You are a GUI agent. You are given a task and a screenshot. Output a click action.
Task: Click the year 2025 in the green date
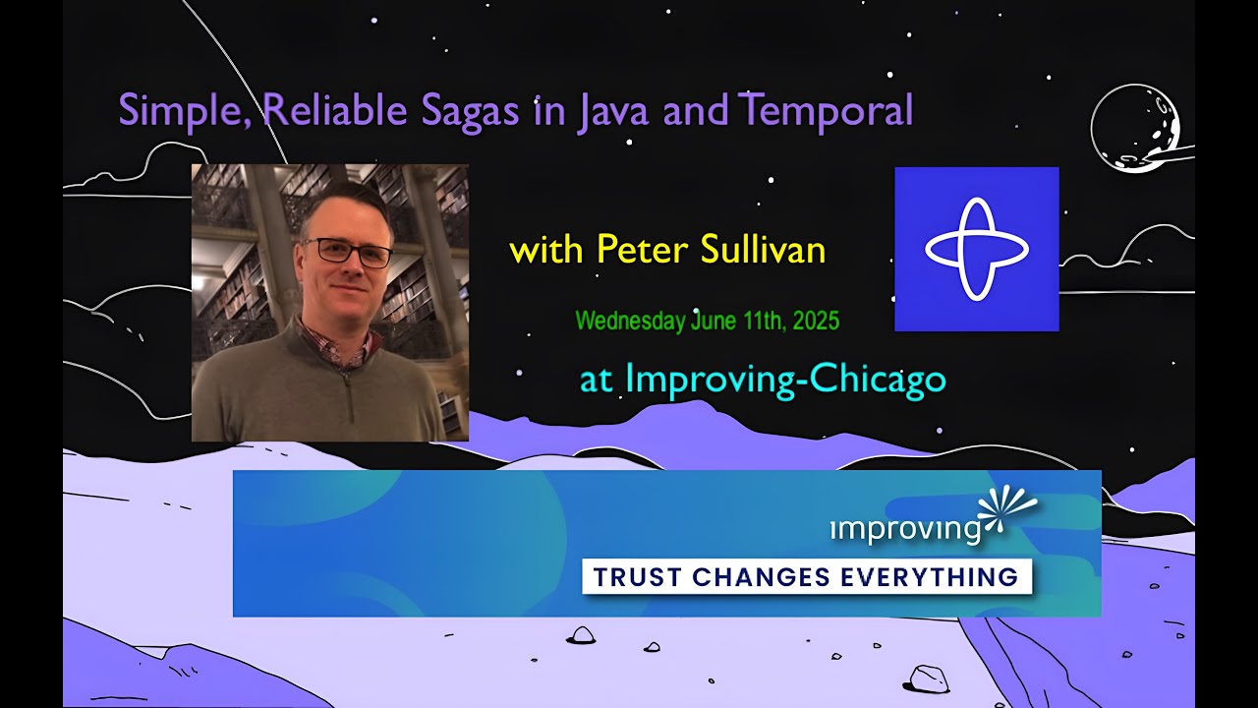tap(815, 321)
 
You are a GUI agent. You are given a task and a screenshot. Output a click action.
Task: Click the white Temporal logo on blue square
tap(976, 249)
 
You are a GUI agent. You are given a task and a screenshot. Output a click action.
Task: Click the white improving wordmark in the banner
tap(905, 529)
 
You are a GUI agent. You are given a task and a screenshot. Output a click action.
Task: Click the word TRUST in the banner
tap(638, 577)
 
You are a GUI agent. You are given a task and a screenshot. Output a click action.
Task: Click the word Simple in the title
tap(185, 110)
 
